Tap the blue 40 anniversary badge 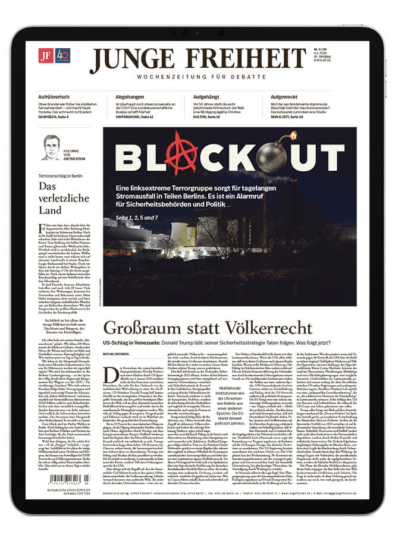pos(62,55)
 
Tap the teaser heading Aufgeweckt pos(287,96)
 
